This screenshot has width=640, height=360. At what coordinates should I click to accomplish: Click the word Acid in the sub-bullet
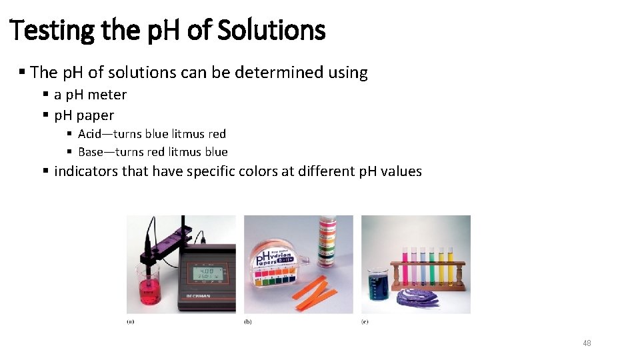tap(91, 134)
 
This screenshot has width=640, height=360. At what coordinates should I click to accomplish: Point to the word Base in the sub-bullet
tap(91, 152)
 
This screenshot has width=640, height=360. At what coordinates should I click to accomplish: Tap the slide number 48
tap(587, 343)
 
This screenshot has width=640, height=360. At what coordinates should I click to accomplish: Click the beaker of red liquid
tap(148, 288)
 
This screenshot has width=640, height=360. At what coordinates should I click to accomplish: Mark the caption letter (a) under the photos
tap(130, 321)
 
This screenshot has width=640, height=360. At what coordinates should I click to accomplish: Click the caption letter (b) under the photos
tap(247, 321)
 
